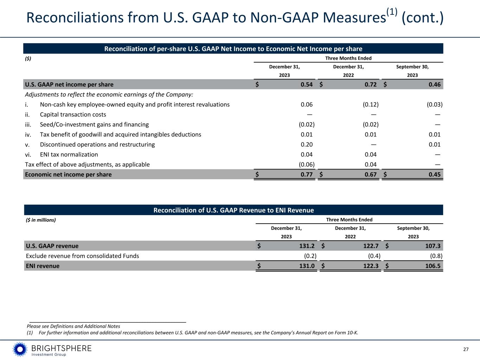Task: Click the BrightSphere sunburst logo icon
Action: pyautogui.click(x=20, y=349)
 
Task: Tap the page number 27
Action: pyautogui.click(x=466, y=349)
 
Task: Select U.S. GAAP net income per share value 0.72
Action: pyautogui.click(x=371, y=84)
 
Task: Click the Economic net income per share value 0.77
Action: pyautogui.click(x=307, y=174)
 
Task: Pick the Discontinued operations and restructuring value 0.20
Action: pyautogui.click(x=307, y=144)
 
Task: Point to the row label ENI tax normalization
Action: pyautogui.click(x=69, y=154)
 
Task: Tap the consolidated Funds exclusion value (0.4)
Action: pyautogui.click(x=372, y=256)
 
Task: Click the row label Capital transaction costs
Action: pyautogui.click(x=73, y=115)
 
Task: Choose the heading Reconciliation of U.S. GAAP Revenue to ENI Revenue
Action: pyautogui.click(x=233, y=210)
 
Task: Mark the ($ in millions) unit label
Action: pyautogui.click(x=41, y=220)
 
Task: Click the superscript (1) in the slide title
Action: pyautogui.click(x=392, y=12)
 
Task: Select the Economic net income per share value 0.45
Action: pyautogui.click(x=434, y=174)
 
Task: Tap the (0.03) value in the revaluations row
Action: pyautogui.click(x=435, y=104)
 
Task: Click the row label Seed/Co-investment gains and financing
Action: pyautogui.click(x=94, y=124)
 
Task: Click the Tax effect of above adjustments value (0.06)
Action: pyautogui.click(x=304, y=165)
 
